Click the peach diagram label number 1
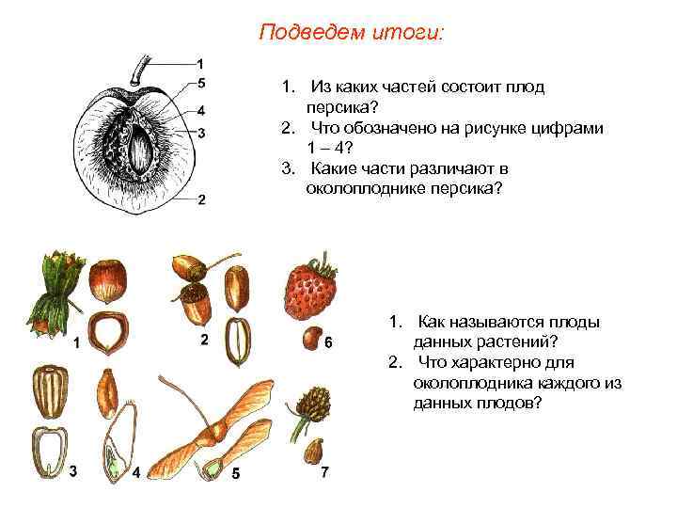tap(201, 62)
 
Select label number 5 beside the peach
tap(201, 81)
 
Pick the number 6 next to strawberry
tap(328, 343)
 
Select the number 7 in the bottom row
tap(325, 470)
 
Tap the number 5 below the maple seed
tap(235, 473)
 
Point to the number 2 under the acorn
tap(203, 340)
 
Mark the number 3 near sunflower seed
tap(73, 470)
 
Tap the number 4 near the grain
tap(136, 473)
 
